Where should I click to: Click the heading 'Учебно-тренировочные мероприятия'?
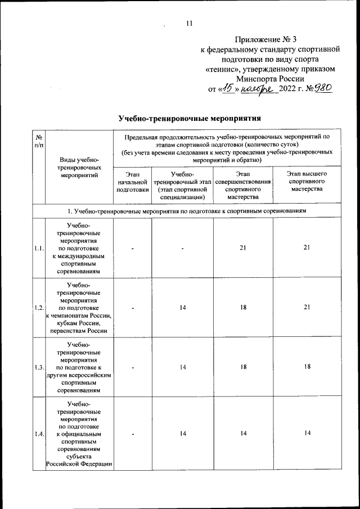[x=190, y=118]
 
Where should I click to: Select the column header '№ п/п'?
[x=39, y=141]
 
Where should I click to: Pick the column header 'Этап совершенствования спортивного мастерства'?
[x=243, y=186]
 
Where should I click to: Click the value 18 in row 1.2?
[x=243, y=308]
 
